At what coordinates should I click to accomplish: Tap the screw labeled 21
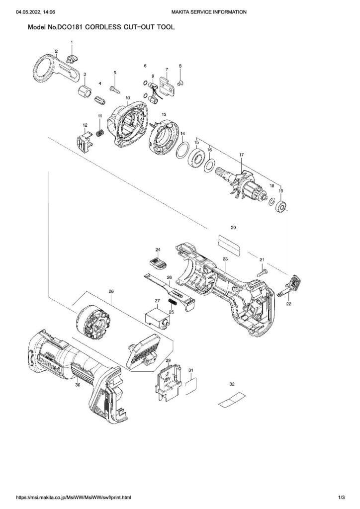(x=262, y=271)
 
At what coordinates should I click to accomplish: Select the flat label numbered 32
(x=232, y=400)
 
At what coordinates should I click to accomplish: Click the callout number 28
(x=111, y=291)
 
